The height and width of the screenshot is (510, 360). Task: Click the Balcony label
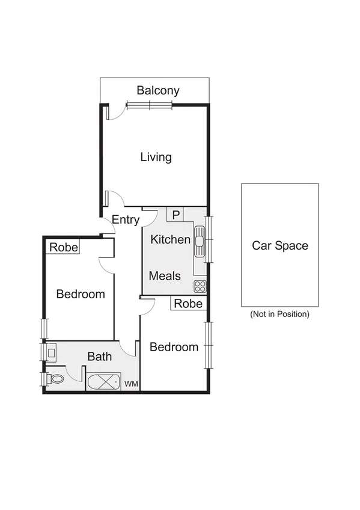click(x=158, y=91)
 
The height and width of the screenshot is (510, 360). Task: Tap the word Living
click(x=156, y=157)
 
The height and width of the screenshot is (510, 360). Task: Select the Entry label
click(x=126, y=220)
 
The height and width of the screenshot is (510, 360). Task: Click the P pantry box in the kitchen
click(x=176, y=215)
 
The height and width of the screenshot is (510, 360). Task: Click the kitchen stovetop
click(x=200, y=286)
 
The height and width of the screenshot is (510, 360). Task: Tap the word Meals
click(x=165, y=276)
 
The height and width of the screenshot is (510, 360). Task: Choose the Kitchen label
click(x=170, y=239)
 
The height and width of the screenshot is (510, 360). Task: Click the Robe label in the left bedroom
click(x=63, y=247)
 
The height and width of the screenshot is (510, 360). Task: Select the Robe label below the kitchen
click(x=188, y=304)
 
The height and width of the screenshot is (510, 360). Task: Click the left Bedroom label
click(x=81, y=294)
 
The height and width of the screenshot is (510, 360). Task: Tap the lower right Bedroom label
click(x=174, y=347)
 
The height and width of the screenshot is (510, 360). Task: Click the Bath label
click(x=100, y=357)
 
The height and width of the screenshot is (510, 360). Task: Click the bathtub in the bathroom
click(x=103, y=382)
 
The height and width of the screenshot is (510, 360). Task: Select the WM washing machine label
click(x=130, y=384)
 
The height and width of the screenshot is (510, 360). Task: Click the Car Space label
click(x=279, y=245)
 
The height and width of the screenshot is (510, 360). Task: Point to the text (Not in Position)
click(x=279, y=314)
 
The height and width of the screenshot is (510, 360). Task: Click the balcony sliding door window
click(x=149, y=105)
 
